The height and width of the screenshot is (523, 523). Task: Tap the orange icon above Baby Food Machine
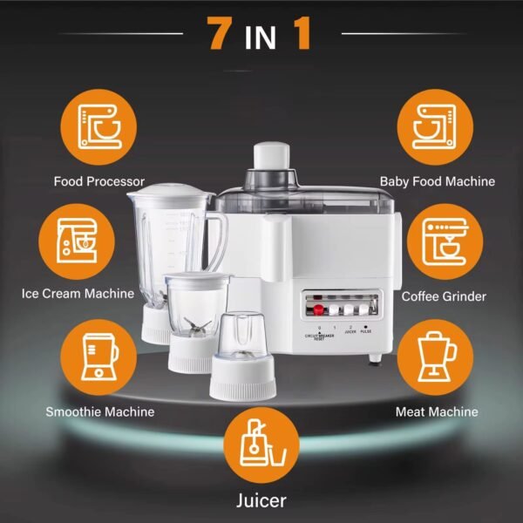pos(433,126)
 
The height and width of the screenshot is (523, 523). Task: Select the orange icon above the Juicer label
pos(261,441)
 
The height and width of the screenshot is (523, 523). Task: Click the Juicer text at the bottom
pos(261,501)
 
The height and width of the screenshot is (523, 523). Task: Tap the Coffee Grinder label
pos(444,296)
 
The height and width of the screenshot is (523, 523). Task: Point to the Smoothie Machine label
pos(100,411)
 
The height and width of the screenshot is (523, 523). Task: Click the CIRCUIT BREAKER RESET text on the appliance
pos(319,336)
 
